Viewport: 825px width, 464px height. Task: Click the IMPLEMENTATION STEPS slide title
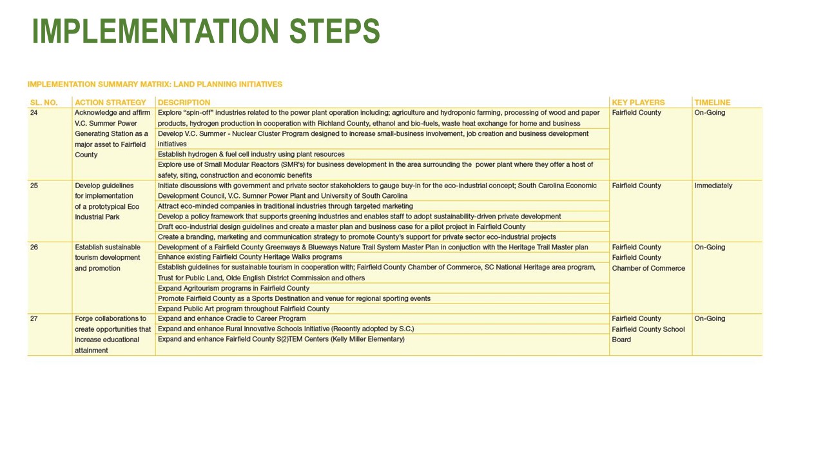[x=206, y=31]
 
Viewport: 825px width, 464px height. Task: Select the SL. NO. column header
[x=44, y=102]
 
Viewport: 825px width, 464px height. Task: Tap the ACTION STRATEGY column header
[x=115, y=102]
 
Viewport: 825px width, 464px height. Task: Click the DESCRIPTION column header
[x=184, y=102]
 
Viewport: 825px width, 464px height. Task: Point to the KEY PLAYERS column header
[x=638, y=102]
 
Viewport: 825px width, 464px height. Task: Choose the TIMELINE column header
[x=712, y=102]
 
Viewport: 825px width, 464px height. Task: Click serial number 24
[x=35, y=113]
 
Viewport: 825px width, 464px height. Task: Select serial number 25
[x=35, y=186]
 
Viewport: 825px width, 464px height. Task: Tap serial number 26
[x=35, y=247]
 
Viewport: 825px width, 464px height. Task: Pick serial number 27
[x=35, y=319]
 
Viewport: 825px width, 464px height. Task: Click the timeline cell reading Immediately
[x=713, y=186]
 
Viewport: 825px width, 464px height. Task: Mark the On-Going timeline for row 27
[x=709, y=319]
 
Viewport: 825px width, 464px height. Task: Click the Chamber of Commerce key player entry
[x=648, y=268]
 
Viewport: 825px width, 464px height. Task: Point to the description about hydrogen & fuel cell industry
[x=251, y=155]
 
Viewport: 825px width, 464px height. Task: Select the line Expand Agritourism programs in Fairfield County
[x=233, y=289]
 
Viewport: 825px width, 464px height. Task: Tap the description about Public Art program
[x=244, y=309]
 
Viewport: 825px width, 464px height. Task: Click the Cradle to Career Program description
[x=231, y=319]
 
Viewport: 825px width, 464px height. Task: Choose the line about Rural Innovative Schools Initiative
[x=286, y=329]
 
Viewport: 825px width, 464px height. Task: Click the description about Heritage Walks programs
[x=249, y=258]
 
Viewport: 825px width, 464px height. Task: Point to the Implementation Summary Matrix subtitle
[x=155, y=84]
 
